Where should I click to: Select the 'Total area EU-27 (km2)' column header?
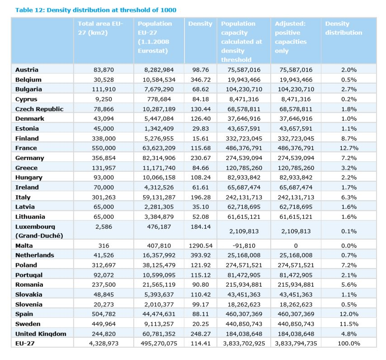[x=100, y=28]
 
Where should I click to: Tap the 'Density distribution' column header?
[x=344, y=28]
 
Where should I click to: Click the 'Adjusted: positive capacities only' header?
[x=291, y=37]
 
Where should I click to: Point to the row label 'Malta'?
[x=24, y=246]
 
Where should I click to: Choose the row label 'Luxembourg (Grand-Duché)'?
[x=39, y=231]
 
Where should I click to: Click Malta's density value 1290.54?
[x=201, y=246]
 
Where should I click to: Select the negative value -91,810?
[x=244, y=246]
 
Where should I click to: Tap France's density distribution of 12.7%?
[x=349, y=148]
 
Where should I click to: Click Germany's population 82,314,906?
[x=159, y=158]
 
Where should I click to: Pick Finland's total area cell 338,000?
[x=104, y=138]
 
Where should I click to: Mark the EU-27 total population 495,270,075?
[x=159, y=343]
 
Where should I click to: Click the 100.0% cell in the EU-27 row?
[x=349, y=343]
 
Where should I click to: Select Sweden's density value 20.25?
[x=201, y=324]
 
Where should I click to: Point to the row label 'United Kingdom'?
[x=41, y=334]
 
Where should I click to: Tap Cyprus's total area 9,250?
[x=104, y=99]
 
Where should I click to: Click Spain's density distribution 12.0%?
[x=349, y=314]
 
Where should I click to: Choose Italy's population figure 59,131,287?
[x=159, y=197]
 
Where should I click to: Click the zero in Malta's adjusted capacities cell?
[x=296, y=246]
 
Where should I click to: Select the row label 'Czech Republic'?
[x=39, y=109]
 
